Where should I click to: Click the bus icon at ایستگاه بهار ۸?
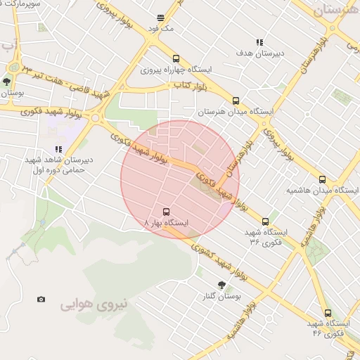pyautogui.click(x=167, y=211)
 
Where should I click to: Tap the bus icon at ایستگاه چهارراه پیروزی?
pyautogui.click(x=176, y=59)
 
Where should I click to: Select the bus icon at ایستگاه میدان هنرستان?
pyautogui.click(x=236, y=100)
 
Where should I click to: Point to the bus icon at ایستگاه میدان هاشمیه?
pyautogui.click(x=323, y=179)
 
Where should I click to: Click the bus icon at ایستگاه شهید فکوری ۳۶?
pyautogui.click(x=265, y=221)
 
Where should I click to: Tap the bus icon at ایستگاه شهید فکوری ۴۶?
pyautogui.click(x=328, y=313)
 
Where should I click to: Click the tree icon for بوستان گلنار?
pyautogui.click(x=221, y=285)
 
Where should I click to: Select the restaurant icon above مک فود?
pyautogui.click(x=160, y=18)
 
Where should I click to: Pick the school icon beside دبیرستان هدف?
pyautogui.click(x=259, y=42)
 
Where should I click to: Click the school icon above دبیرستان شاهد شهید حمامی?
pyautogui.click(x=58, y=149)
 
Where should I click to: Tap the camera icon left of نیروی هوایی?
pyautogui.click(x=41, y=300)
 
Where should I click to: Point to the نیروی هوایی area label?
pyautogui.click(x=94, y=305)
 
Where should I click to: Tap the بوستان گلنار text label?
pyautogui.click(x=222, y=297)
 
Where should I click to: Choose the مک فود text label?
pyautogui.click(x=160, y=29)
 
